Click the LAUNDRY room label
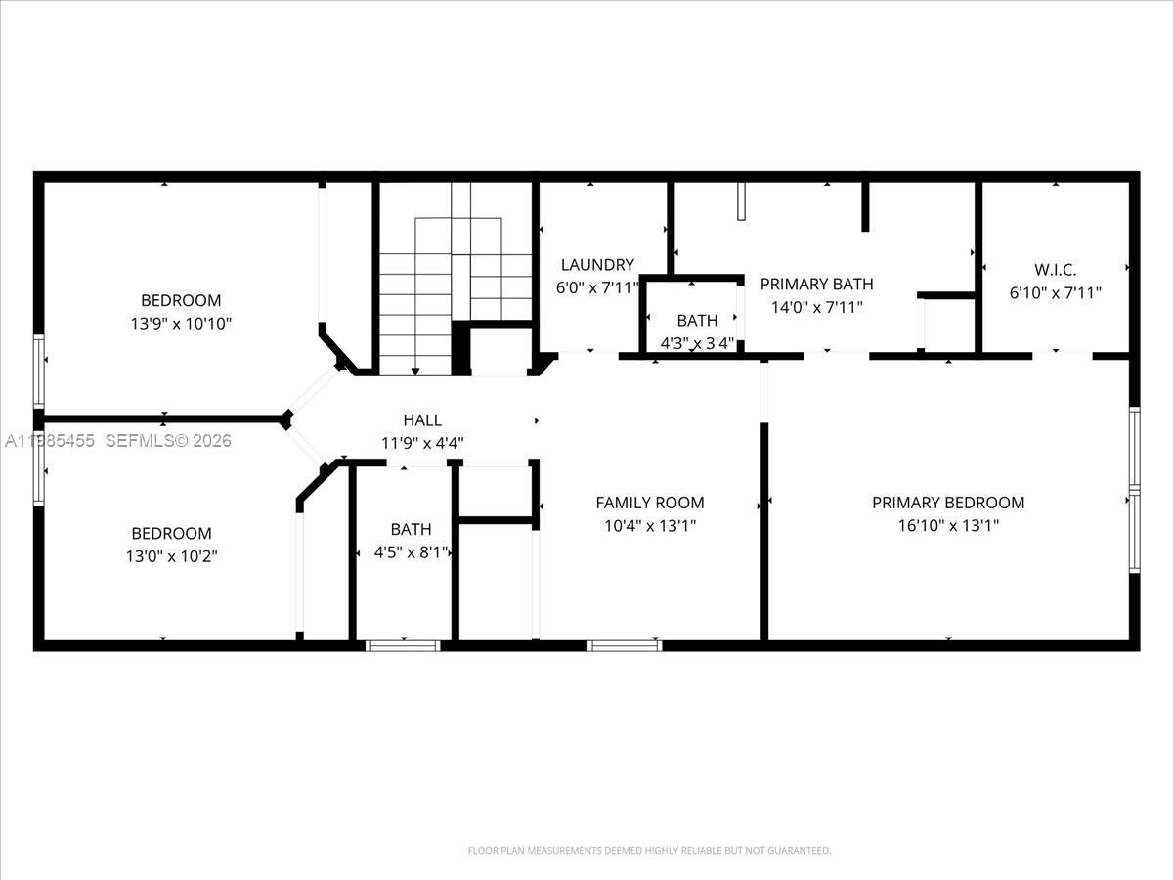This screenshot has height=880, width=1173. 597,265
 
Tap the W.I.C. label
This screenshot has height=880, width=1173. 1055,269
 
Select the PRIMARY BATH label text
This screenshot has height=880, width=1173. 816,285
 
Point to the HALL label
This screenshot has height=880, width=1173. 422,420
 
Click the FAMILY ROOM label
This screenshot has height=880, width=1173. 650,503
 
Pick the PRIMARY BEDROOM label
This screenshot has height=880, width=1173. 948,503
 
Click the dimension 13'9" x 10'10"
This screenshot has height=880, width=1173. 181,323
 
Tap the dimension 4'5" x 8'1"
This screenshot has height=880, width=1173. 412,551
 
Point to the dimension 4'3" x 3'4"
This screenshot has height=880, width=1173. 697,342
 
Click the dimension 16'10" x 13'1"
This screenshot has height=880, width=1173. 948,525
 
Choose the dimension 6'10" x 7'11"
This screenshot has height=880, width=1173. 1055,291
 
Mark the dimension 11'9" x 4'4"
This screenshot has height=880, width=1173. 422,443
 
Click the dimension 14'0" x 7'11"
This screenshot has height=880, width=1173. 816,307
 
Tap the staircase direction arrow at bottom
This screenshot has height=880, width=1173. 415,371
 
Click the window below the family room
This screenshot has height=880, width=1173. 625,645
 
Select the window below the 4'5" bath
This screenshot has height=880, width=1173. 403,645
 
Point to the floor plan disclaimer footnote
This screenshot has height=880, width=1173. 649,851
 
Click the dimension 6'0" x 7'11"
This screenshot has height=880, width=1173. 597,287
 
